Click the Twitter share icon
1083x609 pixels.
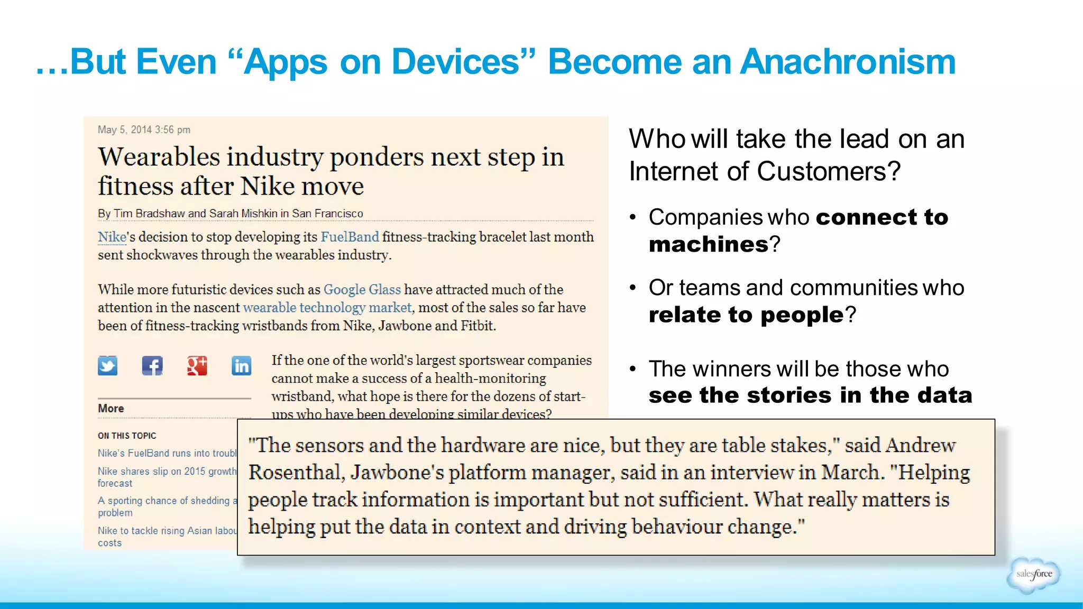pyautogui.click(x=107, y=365)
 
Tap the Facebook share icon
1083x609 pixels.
pyautogui.click(x=152, y=365)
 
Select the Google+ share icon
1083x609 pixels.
pyautogui.click(x=197, y=365)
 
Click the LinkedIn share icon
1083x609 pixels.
pyautogui.click(x=241, y=365)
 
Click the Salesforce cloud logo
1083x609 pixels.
pyautogui.click(x=1033, y=574)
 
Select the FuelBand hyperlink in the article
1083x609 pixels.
pyautogui.click(x=350, y=237)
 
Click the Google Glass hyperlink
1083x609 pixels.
pyautogui.click(x=362, y=290)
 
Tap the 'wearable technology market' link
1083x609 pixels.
pyautogui.click(x=327, y=308)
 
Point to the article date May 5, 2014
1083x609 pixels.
pyautogui.click(x=144, y=130)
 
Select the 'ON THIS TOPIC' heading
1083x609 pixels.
pyautogui.click(x=127, y=436)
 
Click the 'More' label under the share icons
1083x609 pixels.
pyautogui.click(x=111, y=408)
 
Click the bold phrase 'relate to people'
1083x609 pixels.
pyautogui.click(x=746, y=315)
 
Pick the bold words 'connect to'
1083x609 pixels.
pyautogui.click(x=882, y=217)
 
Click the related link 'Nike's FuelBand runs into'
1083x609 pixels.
pyautogui.click(x=167, y=453)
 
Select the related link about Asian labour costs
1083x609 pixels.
pyautogui.click(x=167, y=531)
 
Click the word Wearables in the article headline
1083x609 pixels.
pyautogui.click(x=159, y=157)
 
